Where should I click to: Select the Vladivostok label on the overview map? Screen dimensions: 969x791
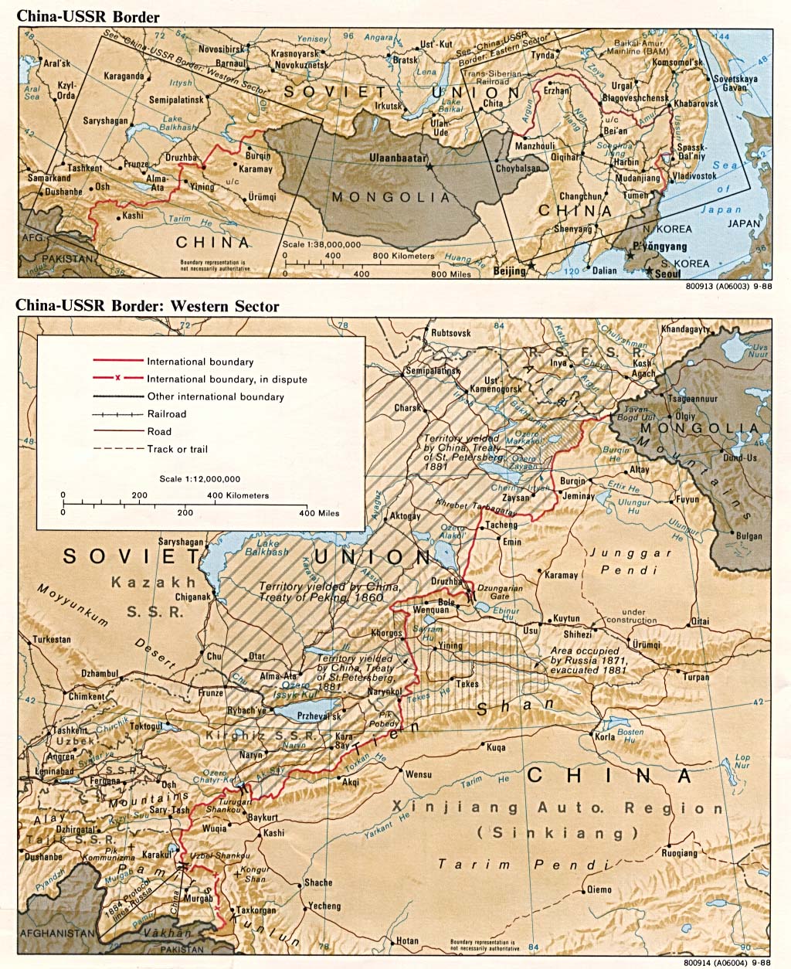(x=698, y=175)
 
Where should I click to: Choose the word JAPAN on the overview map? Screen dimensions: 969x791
(x=744, y=224)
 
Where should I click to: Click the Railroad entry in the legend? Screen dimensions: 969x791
(x=166, y=414)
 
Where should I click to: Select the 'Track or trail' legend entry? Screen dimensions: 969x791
(x=177, y=449)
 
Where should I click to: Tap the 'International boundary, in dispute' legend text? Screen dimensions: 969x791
(x=226, y=379)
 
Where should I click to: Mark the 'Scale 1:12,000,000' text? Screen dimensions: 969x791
(x=200, y=479)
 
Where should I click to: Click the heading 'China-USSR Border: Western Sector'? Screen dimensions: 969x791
(x=147, y=307)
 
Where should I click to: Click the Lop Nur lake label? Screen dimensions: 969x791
(x=742, y=761)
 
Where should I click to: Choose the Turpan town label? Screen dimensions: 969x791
(x=695, y=677)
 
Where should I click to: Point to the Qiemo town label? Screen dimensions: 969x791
(x=599, y=889)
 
